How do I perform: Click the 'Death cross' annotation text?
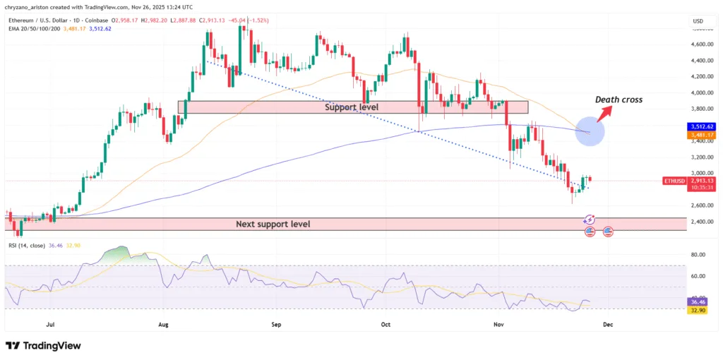tap(619, 100)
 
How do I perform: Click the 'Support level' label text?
tap(352, 107)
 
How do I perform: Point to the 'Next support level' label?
tap(273, 224)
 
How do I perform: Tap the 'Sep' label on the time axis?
tap(276, 325)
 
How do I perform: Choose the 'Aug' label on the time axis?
tap(163, 325)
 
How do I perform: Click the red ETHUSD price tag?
tap(673, 181)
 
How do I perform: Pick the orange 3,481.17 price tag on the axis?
tap(698, 135)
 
